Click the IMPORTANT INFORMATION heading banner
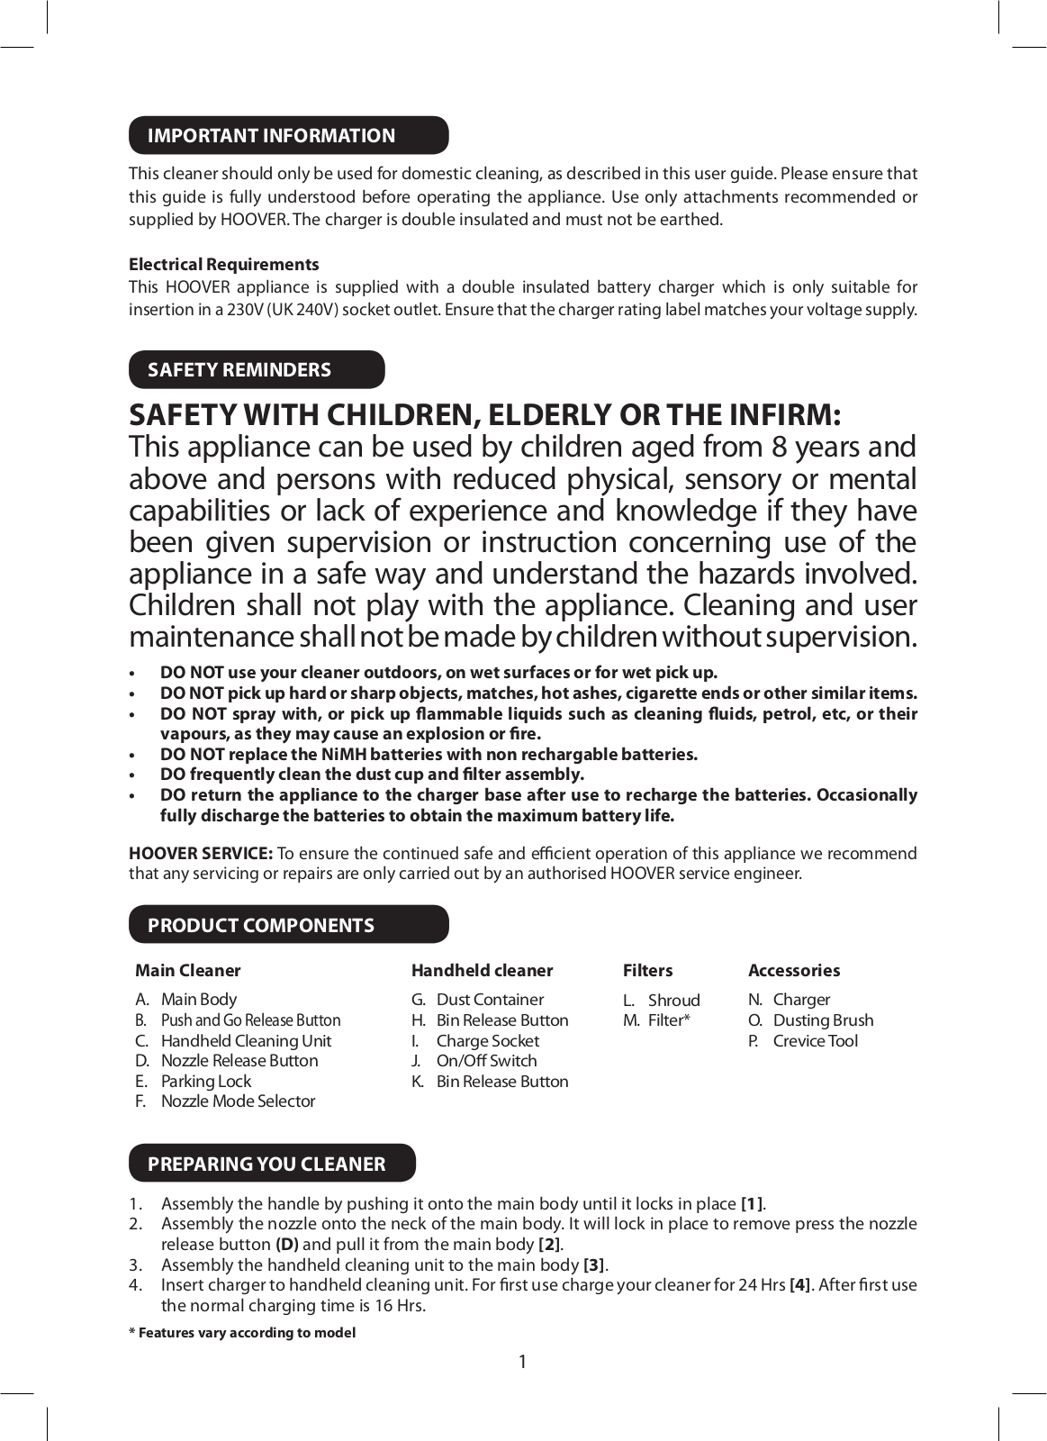click(288, 135)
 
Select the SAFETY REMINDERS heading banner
click(257, 369)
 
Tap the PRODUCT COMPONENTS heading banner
click(288, 925)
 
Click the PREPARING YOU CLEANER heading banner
click(272, 1163)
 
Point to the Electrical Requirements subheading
click(223, 264)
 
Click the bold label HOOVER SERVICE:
click(200, 853)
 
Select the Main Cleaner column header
click(187, 970)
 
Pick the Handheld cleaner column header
click(482, 970)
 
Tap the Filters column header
click(647, 970)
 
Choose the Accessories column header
click(793, 970)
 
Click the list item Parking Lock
click(205, 1081)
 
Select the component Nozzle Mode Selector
click(238, 1101)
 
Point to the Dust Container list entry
click(490, 999)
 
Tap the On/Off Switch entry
click(486, 1061)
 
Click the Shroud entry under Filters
click(673, 1000)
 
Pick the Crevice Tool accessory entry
click(815, 1040)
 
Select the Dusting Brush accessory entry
click(823, 1020)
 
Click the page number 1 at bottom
click(522, 1361)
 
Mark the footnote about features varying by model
click(242, 1332)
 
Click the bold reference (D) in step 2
click(286, 1244)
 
